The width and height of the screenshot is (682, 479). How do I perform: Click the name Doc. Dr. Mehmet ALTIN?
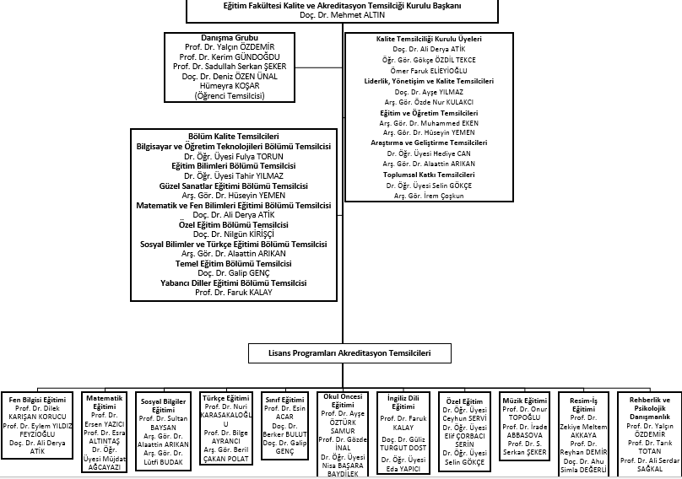[x=341, y=15]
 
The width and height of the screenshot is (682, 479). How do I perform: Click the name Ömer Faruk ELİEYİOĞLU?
[x=427, y=70]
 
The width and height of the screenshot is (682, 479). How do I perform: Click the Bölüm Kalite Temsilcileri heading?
[x=233, y=136]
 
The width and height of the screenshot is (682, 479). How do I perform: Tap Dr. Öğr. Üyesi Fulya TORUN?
[x=233, y=156]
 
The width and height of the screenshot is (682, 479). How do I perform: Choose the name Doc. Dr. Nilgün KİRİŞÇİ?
[x=233, y=234]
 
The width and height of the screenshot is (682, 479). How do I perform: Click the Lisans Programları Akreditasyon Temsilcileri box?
[x=340, y=353]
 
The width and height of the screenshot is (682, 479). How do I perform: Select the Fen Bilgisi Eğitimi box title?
[x=38, y=400]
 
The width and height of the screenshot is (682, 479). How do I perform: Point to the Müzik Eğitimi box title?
[x=524, y=400]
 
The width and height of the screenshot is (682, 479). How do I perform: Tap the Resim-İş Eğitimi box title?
[x=583, y=404]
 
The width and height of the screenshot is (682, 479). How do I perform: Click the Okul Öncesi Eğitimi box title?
[x=342, y=400]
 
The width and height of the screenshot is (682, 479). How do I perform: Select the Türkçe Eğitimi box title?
[x=226, y=398]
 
